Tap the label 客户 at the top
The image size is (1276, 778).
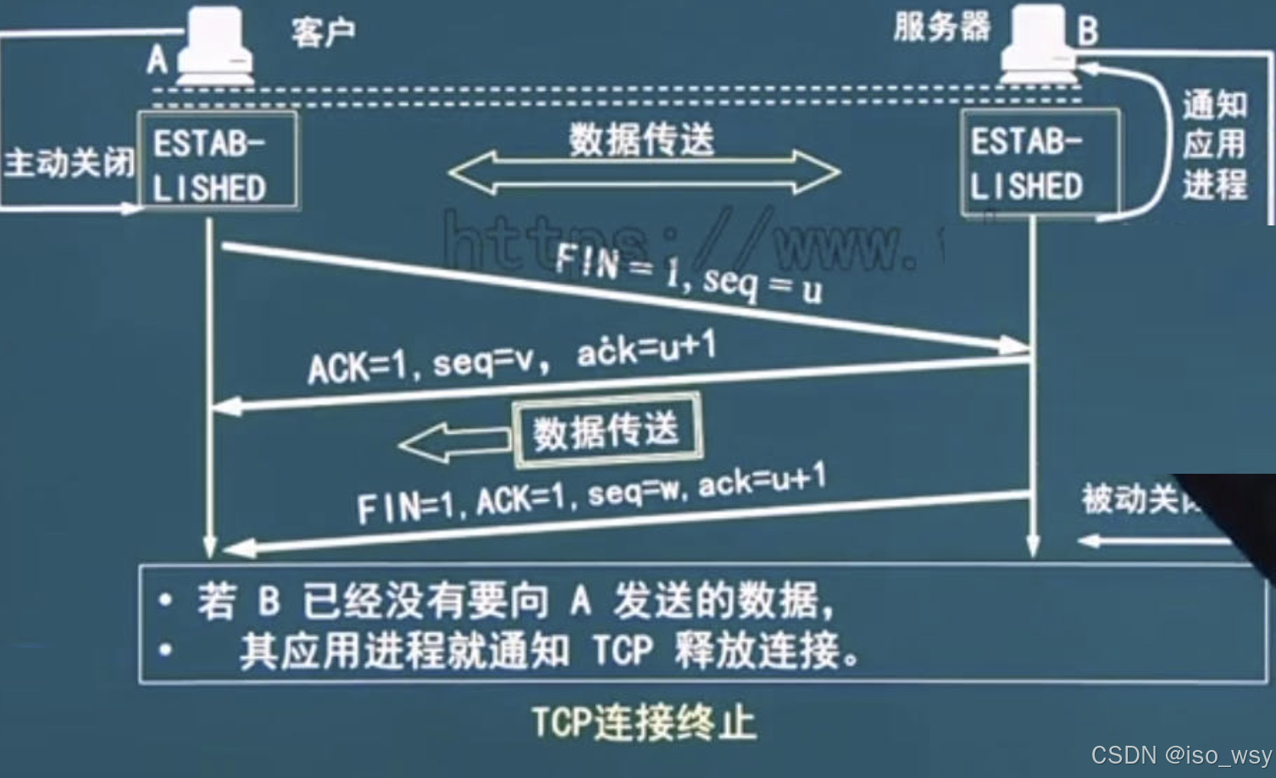(x=323, y=33)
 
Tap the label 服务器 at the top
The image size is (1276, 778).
(x=941, y=27)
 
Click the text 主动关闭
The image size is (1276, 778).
(x=68, y=162)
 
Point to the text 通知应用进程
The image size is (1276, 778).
(x=1215, y=144)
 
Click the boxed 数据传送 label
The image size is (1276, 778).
(x=607, y=431)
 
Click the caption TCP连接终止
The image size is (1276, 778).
(x=644, y=723)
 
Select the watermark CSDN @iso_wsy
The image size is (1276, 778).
(x=1181, y=754)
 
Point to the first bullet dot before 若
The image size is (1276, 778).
(x=165, y=601)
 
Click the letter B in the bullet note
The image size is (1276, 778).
(x=269, y=601)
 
